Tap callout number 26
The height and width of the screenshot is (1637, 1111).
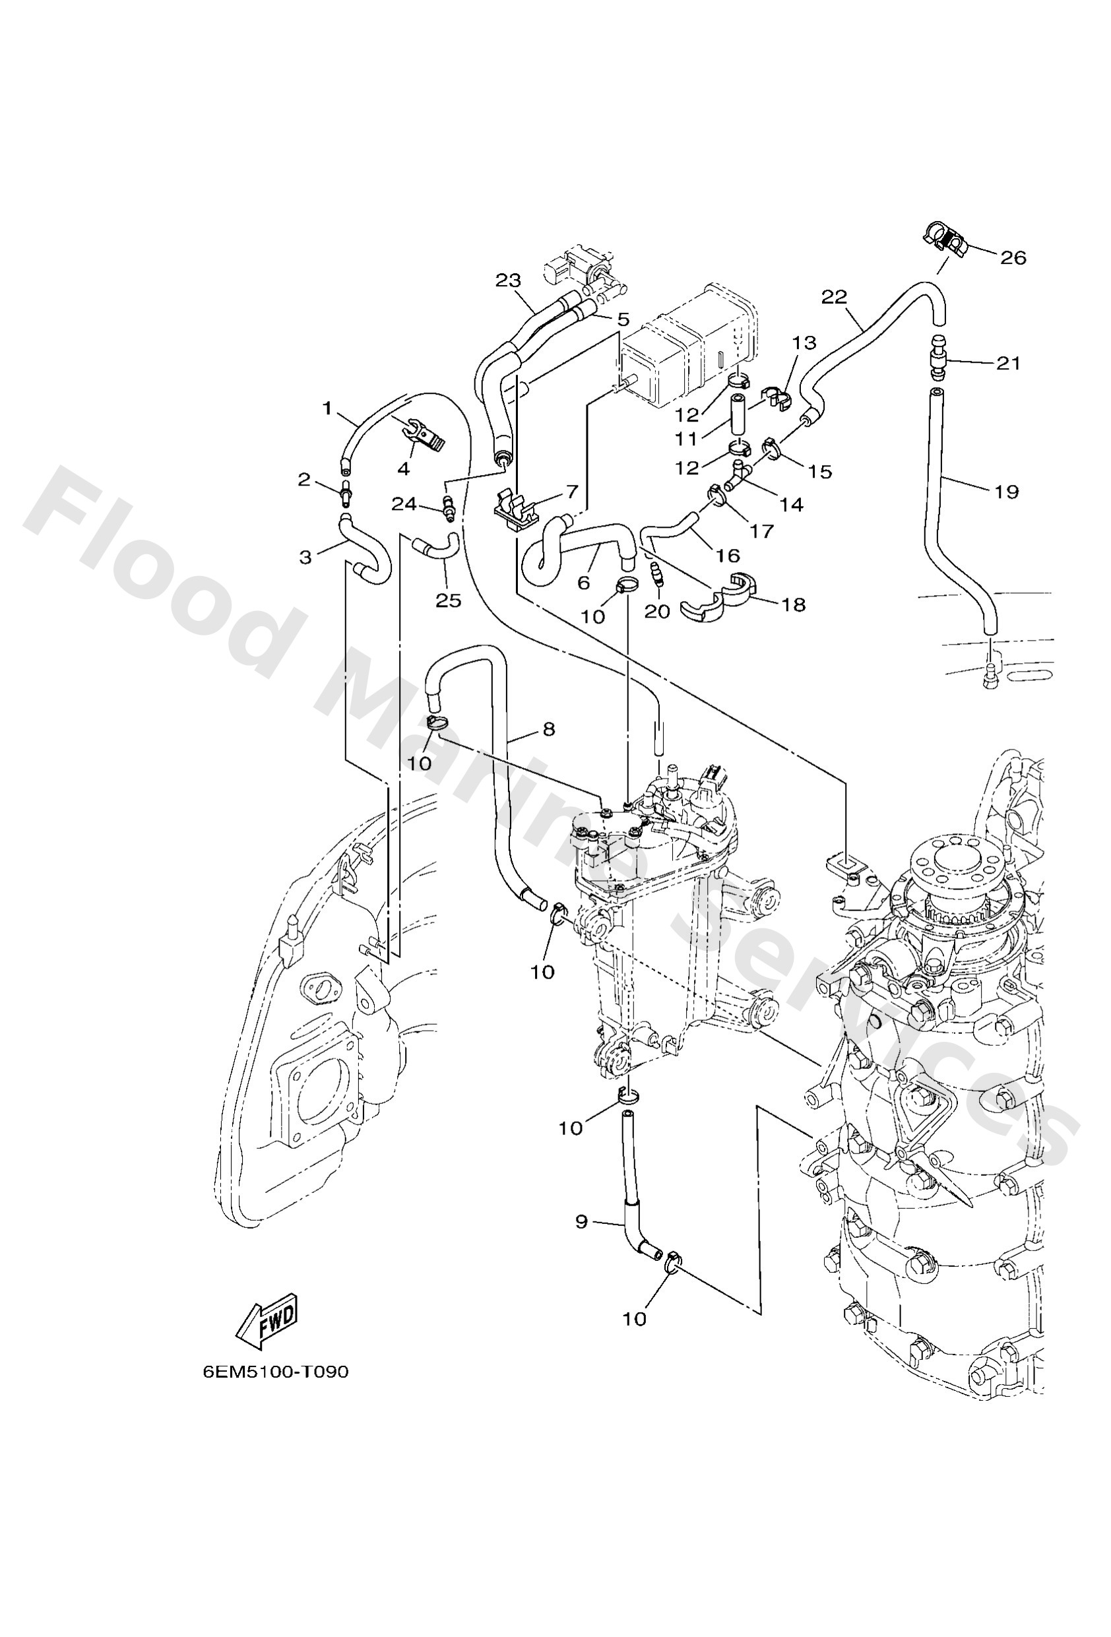[x=1013, y=258]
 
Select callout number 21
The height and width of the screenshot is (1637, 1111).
[x=1008, y=364]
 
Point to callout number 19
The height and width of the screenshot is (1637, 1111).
[x=1007, y=492]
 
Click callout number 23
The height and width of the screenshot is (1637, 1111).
[x=507, y=280]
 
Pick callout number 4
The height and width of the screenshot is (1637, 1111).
[x=404, y=469]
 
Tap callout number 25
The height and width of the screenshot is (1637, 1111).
[x=448, y=600]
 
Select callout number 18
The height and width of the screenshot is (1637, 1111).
[x=794, y=604]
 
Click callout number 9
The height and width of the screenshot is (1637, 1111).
[x=581, y=1221]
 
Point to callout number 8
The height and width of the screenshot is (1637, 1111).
[x=549, y=729]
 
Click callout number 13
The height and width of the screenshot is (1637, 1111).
[x=804, y=343]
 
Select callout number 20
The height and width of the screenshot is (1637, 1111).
[x=656, y=612]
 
